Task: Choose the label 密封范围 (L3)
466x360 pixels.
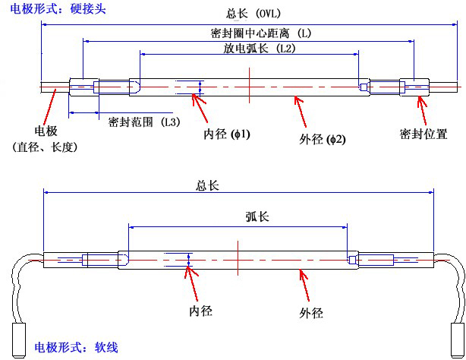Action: pos(143,122)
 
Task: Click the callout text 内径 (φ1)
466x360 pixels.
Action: pos(227,134)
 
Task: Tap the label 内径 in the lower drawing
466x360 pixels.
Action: pos(200,310)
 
